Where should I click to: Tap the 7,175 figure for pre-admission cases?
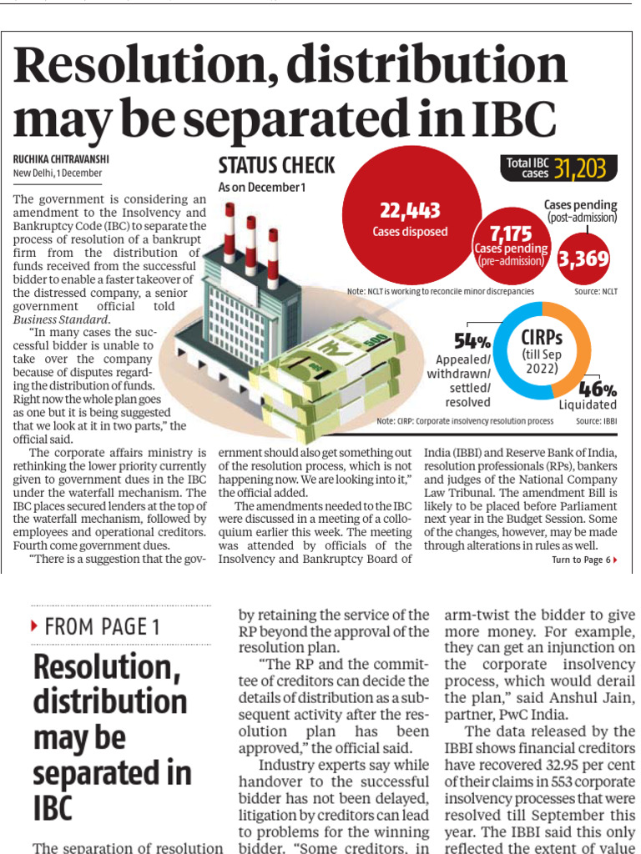[x=511, y=234]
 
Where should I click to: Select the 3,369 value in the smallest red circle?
[x=583, y=259]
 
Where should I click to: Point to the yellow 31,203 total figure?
[x=579, y=169]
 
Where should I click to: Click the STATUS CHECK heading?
[x=276, y=165]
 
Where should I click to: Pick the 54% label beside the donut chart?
[x=472, y=341]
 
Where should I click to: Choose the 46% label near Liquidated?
[x=598, y=389]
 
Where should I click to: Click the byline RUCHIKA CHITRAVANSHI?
[x=61, y=159]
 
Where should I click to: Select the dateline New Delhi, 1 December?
[x=58, y=173]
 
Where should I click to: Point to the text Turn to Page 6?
[x=581, y=560]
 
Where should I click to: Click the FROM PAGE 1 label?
[x=103, y=627]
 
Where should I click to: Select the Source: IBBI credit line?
[x=596, y=421]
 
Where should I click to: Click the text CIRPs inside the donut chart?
[x=542, y=338]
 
